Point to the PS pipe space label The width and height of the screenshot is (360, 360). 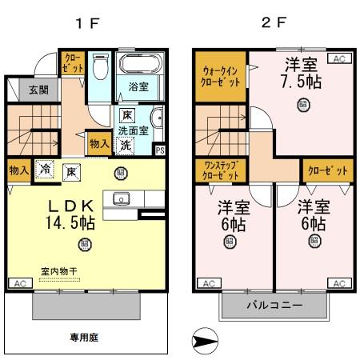tap(160, 150)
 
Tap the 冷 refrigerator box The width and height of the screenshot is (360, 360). tap(46, 170)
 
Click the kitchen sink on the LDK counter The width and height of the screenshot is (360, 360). tap(122, 199)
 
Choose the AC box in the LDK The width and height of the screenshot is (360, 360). tap(18, 283)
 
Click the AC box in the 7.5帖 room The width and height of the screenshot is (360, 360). tap(339, 58)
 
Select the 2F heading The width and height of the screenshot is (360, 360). tap(274, 23)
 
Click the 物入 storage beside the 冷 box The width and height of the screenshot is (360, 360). tap(18, 170)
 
